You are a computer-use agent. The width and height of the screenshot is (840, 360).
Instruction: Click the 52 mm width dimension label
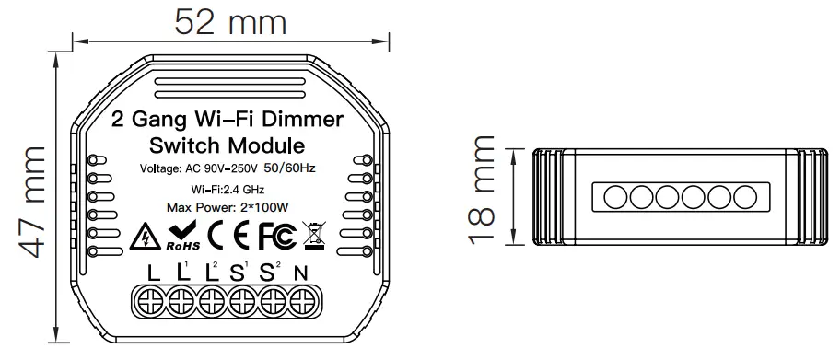coord(230,23)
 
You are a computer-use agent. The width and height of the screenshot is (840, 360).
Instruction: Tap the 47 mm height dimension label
coord(31,202)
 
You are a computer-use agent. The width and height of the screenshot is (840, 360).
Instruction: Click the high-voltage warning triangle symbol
coord(145,237)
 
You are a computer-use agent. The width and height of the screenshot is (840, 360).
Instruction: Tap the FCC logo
coord(276,236)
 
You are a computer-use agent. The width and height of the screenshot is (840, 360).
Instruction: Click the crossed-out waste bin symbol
coord(313,237)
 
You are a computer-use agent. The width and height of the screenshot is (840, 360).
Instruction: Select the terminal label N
coord(301,273)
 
